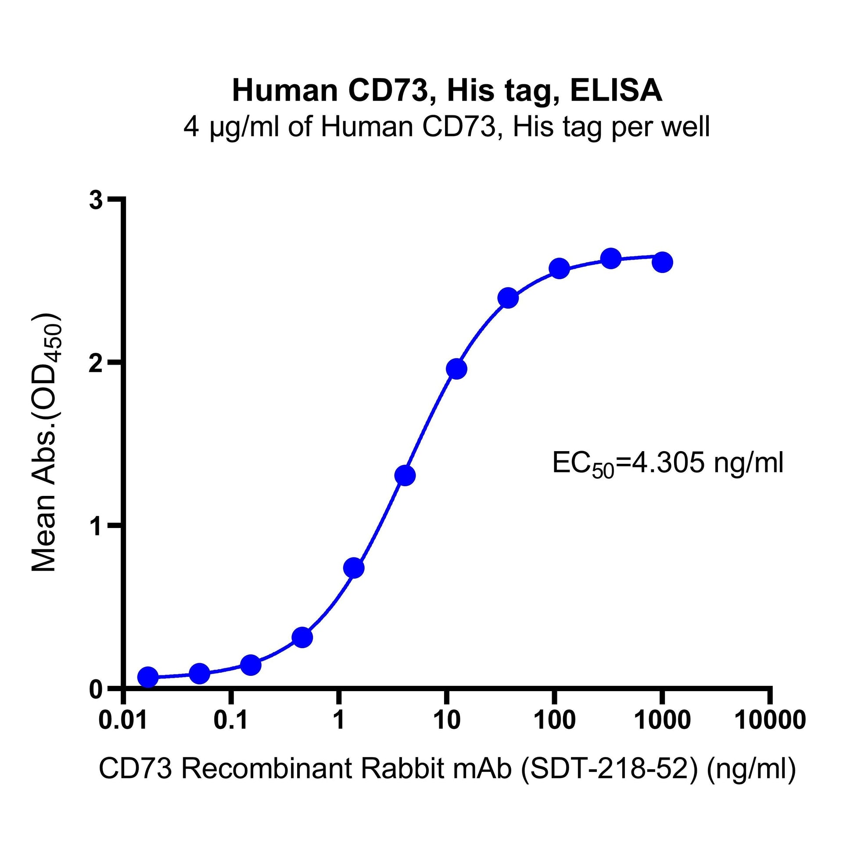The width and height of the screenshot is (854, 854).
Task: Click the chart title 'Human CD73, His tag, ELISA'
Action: pos(447,90)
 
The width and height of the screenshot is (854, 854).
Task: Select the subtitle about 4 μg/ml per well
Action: pos(447,127)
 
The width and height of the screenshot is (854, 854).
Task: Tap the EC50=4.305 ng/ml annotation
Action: pos(668,465)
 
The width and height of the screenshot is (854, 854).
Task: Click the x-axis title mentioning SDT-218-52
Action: pos(447,768)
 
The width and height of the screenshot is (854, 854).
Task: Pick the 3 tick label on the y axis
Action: pos(96,200)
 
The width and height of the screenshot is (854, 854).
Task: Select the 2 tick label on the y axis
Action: pos(96,363)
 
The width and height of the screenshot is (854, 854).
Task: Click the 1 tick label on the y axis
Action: pos(96,526)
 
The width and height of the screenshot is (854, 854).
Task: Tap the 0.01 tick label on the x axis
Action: pos(123,720)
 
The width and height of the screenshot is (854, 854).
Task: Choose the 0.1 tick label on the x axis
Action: pos(230,720)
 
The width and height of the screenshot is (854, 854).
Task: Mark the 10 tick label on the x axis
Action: pos(446,720)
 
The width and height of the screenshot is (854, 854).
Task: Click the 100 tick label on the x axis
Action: pos(554,720)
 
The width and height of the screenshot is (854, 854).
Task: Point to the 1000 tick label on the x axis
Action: pos(662,720)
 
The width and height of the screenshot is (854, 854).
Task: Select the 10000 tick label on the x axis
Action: pos(770,720)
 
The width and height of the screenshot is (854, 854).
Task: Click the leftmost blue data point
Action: pos(147,677)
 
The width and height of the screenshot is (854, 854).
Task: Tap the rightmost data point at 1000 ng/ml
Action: pos(662,262)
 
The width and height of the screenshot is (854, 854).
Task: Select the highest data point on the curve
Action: pos(611,258)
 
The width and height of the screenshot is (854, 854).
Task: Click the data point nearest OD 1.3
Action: pos(405,475)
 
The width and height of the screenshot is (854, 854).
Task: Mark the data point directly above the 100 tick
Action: pos(559,268)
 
